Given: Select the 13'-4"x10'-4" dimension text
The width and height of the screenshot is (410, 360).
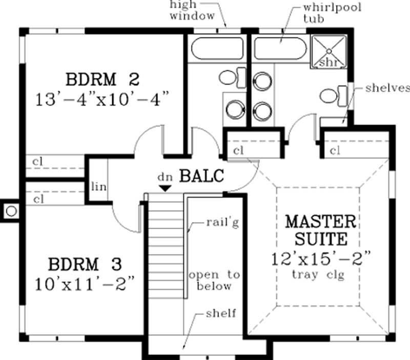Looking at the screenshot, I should tap(102, 98).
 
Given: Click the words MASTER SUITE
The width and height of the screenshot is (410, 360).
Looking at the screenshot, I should tap(320, 230).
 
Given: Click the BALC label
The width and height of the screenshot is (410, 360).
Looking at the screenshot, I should tap(201, 176).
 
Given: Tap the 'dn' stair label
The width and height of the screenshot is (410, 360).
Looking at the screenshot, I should tap(165, 176).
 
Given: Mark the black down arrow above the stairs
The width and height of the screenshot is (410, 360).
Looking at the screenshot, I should tap(165, 188).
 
